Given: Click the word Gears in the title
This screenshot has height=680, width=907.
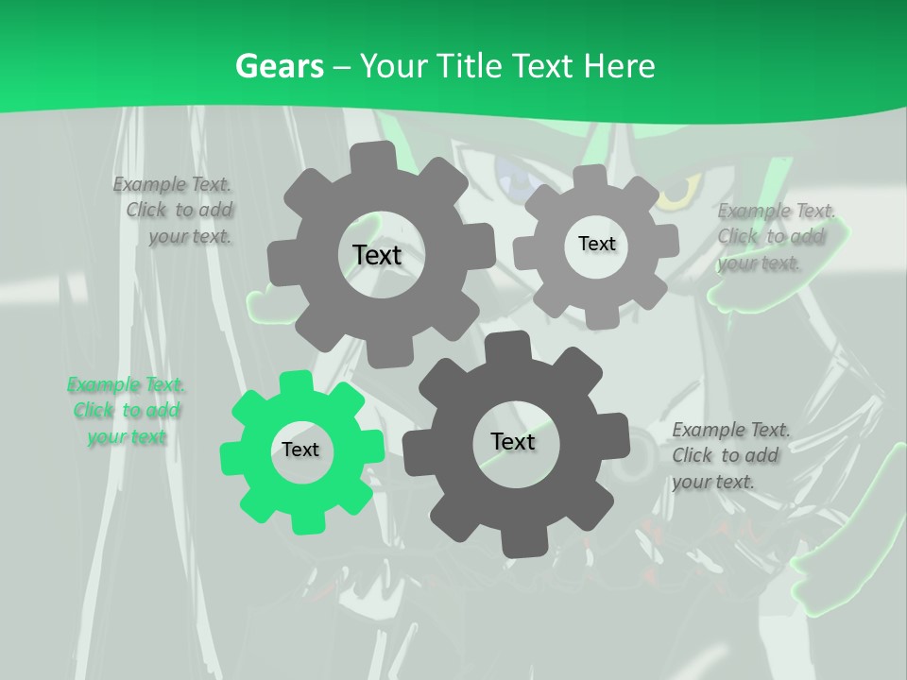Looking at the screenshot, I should click(279, 66).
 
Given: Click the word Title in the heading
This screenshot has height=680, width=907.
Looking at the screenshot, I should click(470, 66).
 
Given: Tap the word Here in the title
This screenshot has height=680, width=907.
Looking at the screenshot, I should click(619, 66).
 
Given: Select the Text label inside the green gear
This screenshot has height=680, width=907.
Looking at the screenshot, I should click(300, 450).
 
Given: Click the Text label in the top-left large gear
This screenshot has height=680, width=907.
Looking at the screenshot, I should click(377, 255).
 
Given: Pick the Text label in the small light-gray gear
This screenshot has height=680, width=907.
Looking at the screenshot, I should click(596, 244).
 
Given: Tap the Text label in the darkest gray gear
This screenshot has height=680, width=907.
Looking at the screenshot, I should click(513, 442).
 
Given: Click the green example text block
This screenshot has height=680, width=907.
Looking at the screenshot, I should click(126, 411).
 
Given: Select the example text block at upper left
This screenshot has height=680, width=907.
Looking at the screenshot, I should click(175, 210).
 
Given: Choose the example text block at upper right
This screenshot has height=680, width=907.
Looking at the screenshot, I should click(775, 236).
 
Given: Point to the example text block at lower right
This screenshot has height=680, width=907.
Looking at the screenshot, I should click(729, 455).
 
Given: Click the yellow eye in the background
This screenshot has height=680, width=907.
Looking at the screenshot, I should click(675, 195).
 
